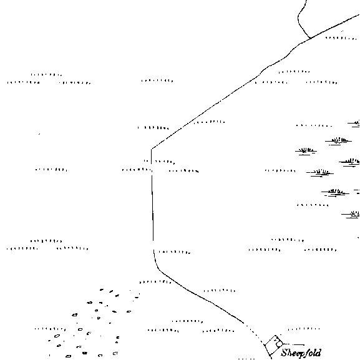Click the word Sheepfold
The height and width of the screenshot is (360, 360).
pyautogui.click(x=301, y=353)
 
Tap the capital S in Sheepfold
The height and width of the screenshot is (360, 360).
pyautogui.click(x=285, y=353)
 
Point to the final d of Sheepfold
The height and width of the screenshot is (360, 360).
pyautogui.click(x=318, y=353)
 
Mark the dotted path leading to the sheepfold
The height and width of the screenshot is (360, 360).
pyautogui.click(x=255, y=333)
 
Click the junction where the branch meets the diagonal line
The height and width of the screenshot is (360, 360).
pyautogui.click(x=311, y=38)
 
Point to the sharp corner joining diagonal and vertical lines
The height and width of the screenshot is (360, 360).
pyautogui.click(x=152, y=149)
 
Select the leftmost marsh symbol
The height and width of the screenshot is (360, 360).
pyautogui.click(x=306, y=152)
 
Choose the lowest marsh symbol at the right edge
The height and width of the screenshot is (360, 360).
pyautogui.click(x=351, y=215)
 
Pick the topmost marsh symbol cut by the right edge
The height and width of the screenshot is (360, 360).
pyautogui.click(x=354, y=124)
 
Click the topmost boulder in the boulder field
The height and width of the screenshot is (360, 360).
pyautogui.click(x=102, y=289)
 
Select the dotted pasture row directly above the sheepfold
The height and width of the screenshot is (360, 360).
pyautogui.click(x=304, y=329)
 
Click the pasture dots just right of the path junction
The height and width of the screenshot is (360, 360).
pyautogui.click(x=341, y=38)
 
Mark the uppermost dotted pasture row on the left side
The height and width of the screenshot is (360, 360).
pyautogui.click(x=46, y=75)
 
